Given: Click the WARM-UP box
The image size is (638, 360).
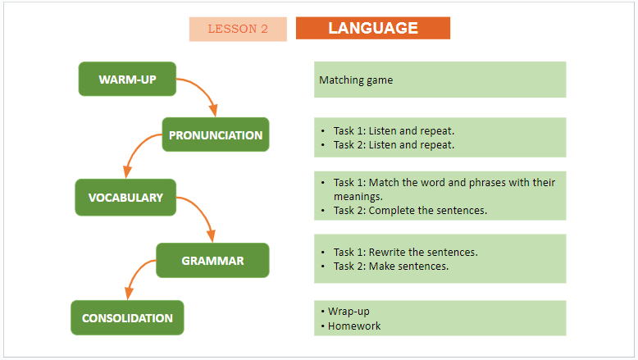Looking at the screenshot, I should (x=127, y=80).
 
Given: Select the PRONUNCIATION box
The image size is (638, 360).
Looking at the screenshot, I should (x=215, y=135).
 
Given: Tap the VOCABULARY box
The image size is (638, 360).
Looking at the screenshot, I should (x=125, y=198).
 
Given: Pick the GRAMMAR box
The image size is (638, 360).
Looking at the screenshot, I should (x=212, y=261).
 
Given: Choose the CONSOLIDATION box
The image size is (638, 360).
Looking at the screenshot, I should (x=127, y=318).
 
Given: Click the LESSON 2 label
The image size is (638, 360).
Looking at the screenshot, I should (x=238, y=29).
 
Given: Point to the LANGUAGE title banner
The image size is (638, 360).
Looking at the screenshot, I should (x=373, y=28).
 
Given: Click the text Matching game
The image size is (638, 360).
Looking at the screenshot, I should (x=356, y=80).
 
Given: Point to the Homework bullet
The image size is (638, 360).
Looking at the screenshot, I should (x=353, y=326).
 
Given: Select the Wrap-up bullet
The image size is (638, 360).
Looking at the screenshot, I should (x=350, y=312).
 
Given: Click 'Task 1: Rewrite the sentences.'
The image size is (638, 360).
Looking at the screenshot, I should (x=405, y=252).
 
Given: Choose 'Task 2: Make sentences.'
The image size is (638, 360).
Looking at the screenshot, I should (x=390, y=266).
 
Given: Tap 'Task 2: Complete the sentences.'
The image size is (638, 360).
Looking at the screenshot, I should (x=410, y=210).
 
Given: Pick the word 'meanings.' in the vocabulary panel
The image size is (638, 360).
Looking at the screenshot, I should (x=358, y=196).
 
